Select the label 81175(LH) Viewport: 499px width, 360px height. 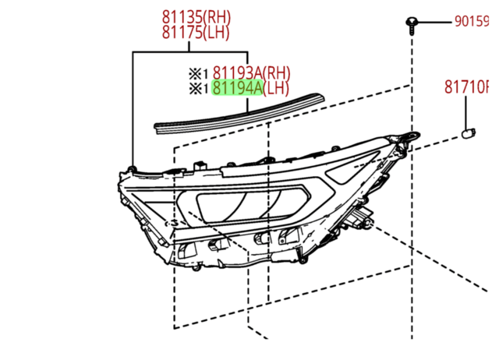coord(196,32)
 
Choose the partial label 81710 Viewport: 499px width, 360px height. coord(471,86)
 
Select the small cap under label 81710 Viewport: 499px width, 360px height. coord(470,132)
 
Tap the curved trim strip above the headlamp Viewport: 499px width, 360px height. coord(234,115)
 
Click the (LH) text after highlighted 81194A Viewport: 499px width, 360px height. coord(278,88)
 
